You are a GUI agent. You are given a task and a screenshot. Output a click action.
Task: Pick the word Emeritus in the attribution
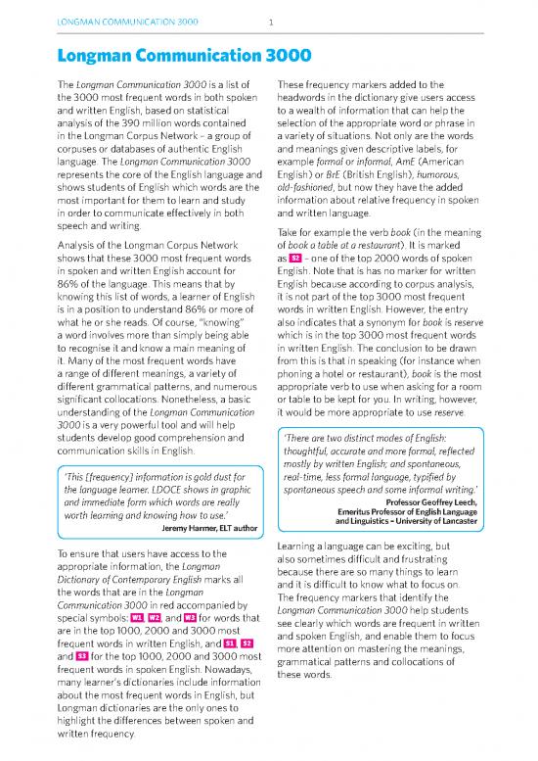point(384,511)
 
